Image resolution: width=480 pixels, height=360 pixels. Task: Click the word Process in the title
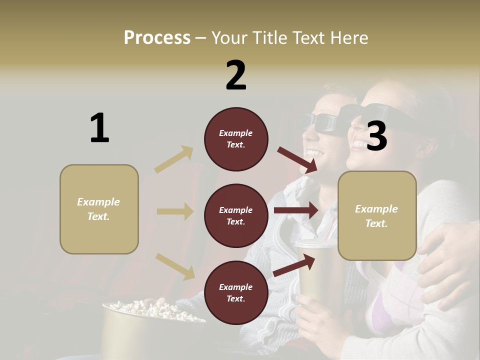pyautogui.click(x=157, y=38)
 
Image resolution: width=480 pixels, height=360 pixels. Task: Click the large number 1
pyautogui.click(x=99, y=128)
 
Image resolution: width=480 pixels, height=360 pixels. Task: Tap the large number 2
pyautogui.click(x=236, y=75)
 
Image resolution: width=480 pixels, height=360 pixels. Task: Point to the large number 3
pyautogui.click(x=376, y=136)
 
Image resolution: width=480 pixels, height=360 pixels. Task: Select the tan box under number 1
pyautogui.click(x=99, y=209)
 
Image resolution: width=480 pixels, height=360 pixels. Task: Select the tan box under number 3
pyautogui.click(x=377, y=215)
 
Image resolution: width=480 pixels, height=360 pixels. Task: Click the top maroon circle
pyautogui.click(x=236, y=139)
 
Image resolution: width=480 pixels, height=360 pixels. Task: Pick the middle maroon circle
pyautogui.click(x=236, y=215)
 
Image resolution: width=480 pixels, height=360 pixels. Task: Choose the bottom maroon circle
pyautogui.click(x=236, y=292)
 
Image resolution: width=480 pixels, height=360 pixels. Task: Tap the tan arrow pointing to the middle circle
pyautogui.click(x=175, y=211)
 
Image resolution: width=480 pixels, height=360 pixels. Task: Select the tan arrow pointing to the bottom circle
pyautogui.click(x=175, y=266)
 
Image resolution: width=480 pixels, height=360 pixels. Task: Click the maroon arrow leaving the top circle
pyautogui.click(x=297, y=159)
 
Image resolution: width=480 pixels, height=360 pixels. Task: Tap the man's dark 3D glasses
pyautogui.click(x=320, y=121)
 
